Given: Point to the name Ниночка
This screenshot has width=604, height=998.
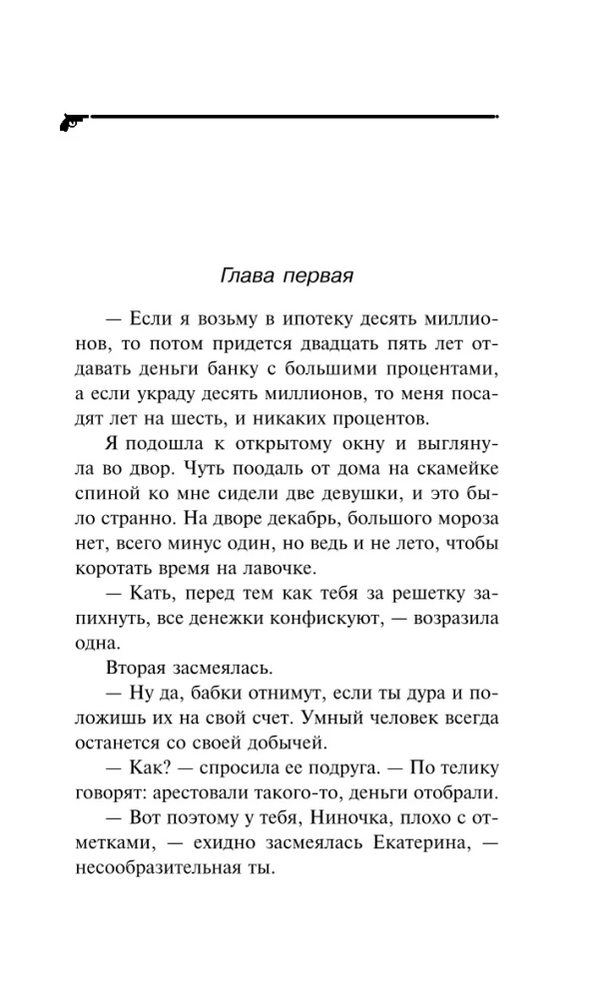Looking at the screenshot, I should tap(341, 817).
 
